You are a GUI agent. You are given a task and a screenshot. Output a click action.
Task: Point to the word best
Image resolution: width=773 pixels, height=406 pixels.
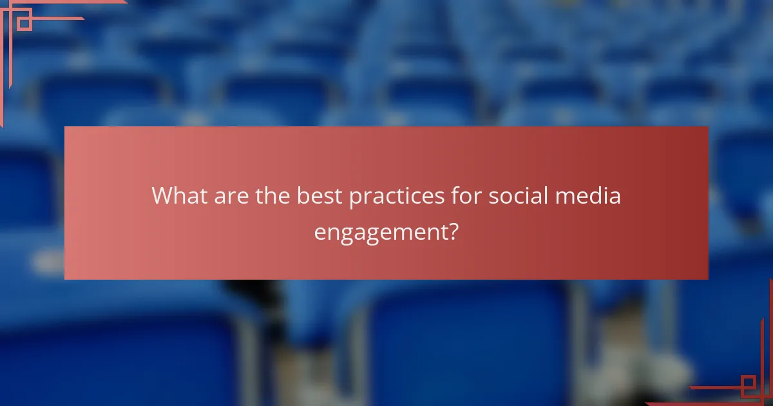pyautogui.click(x=320, y=196)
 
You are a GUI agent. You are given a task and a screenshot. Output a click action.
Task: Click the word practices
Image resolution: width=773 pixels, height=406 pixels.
pyautogui.click(x=394, y=197)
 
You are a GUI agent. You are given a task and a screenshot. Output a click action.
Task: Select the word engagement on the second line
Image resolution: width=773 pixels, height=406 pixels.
pyautogui.click(x=380, y=232)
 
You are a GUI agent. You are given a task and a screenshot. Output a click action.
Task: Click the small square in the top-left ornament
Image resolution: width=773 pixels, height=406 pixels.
pyautogui.click(x=24, y=23)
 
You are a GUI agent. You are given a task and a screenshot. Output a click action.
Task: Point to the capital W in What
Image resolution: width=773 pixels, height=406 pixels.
pyautogui.click(x=163, y=196)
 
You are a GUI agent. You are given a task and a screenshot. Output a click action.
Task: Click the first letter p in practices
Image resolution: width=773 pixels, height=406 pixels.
pyautogui.click(x=354, y=198)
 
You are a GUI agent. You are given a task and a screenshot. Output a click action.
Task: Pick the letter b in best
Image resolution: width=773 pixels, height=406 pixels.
pyautogui.click(x=303, y=196)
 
